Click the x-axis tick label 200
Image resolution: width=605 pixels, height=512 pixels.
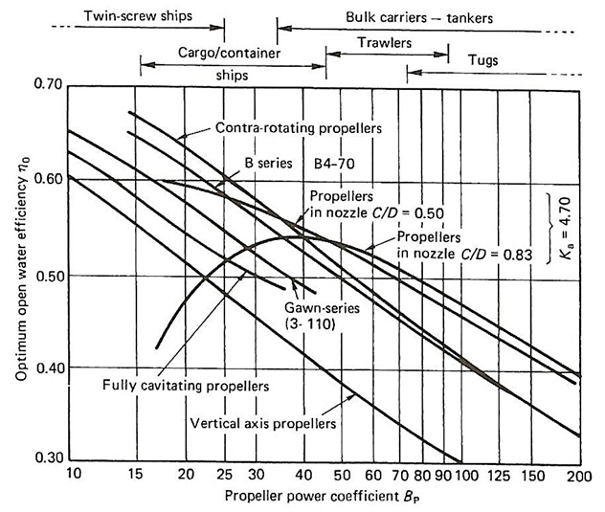(578, 476)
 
